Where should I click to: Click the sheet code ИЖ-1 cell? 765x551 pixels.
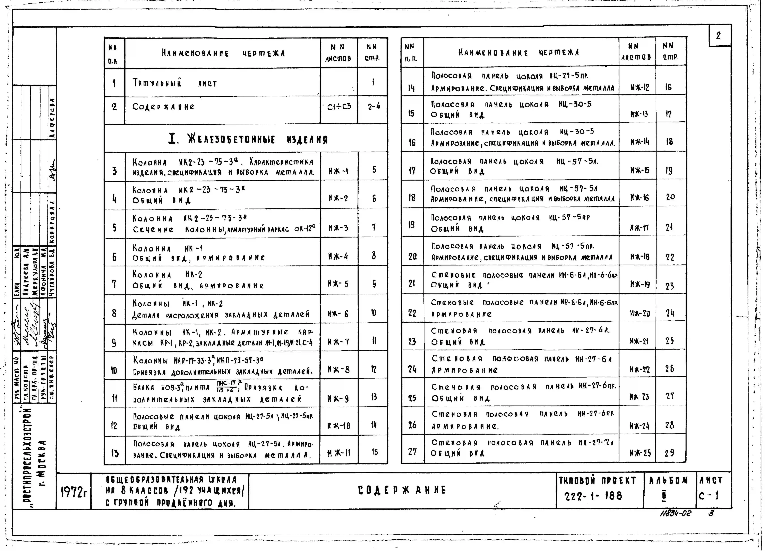(338, 171)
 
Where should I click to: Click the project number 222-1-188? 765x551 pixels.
(593, 496)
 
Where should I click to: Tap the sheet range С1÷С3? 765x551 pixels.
(339, 107)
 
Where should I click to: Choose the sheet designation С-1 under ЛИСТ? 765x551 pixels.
(708, 495)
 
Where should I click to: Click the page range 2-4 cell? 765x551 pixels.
(373, 107)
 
